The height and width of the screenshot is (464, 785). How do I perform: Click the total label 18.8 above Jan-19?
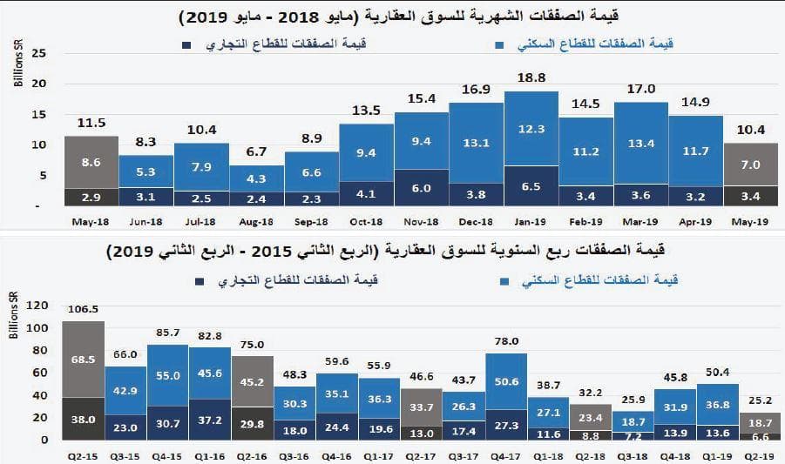tap(531, 77)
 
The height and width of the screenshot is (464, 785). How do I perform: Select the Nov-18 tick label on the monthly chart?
tap(421, 223)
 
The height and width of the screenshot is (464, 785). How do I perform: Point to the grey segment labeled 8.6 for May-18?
tap(91, 162)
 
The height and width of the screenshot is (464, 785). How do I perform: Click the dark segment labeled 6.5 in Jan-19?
tap(531, 186)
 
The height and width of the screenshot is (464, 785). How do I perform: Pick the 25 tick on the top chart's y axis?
tap(37, 53)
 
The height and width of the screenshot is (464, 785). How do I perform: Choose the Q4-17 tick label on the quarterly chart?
tap(507, 455)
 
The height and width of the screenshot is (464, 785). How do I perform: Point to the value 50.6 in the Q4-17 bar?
tap(507, 380)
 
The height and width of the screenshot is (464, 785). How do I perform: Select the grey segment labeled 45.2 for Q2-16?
tap(253, 380)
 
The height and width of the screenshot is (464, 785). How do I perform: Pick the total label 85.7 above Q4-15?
tap(168, 333)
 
